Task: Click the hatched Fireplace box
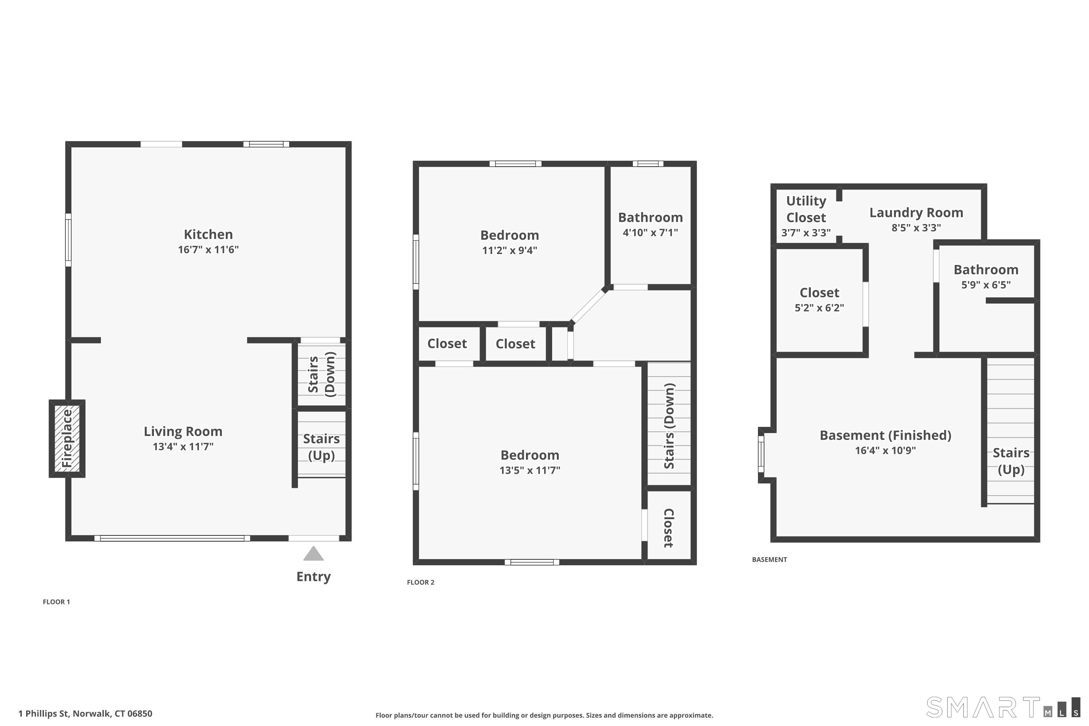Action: click(x=67, y=438)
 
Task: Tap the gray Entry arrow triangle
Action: click(x=314, y=554)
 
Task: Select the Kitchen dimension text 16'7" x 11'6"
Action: click(x=208, y=250)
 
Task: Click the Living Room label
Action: click(x=183, y=432)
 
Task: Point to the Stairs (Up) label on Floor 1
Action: click(x=321, y=447)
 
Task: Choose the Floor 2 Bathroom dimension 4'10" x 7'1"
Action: click(x=650, y=232)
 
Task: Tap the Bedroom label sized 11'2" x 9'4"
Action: click(x=509, y=235)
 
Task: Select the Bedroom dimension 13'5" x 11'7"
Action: click(x=530, y=470)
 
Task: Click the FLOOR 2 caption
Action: click(x=420, y=583)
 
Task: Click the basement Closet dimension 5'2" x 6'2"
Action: click(x=819, y=308)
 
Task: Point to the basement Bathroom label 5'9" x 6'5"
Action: click(x=986, y=270)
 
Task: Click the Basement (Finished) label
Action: click(x=885, y=435)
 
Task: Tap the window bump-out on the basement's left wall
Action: click(x=762, y=454)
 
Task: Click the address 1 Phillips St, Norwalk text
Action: click(x=85, y=714)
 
